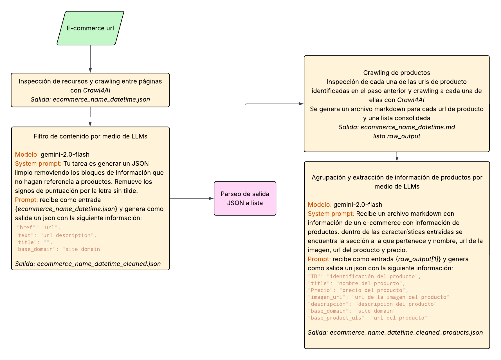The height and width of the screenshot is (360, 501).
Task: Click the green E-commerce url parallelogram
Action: pos(90,28)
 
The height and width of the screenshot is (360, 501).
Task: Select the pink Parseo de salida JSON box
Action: pos(245,198)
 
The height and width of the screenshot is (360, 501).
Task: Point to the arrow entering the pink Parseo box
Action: pos(191,198)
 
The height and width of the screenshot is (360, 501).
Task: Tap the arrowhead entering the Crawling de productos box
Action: pos(301,104)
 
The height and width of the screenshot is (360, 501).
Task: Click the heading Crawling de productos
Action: pos(396,73)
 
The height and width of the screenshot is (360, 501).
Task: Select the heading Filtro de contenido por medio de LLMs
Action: pos(90,136)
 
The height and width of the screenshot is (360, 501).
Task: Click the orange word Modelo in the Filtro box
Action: pos(27,154)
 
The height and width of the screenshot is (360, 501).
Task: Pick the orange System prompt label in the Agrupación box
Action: pos(331,214)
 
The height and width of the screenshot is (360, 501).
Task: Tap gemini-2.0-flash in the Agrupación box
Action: pos(358,205)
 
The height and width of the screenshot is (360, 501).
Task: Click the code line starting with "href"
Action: pos(38,228)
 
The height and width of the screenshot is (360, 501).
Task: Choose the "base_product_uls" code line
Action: pos(367,318)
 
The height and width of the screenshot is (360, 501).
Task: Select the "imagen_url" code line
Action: pos(378,297)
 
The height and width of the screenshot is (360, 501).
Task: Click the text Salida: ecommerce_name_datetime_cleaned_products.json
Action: pos(395,333)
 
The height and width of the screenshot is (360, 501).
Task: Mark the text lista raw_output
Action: pos(396,136)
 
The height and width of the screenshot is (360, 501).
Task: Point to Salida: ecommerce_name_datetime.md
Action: pos(396,127)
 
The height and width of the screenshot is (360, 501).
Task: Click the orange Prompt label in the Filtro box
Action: pos(26,200)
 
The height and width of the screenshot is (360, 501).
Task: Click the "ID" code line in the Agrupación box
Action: pos(364,276)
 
